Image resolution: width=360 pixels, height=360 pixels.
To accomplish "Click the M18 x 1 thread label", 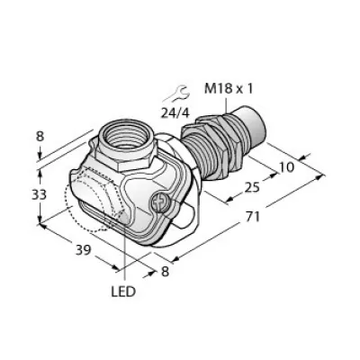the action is coord(229,89).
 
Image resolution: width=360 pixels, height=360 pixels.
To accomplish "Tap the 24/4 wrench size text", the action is coord(175,113).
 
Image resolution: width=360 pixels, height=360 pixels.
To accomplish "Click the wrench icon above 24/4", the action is coord(176,94).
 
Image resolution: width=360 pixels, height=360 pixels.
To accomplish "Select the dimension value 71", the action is coord(252,217).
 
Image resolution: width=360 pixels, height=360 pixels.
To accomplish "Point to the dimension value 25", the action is coord(251,187).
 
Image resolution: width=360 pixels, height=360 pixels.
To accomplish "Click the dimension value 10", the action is coord(286,166).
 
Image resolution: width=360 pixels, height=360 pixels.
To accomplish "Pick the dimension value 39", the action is coord(83,249).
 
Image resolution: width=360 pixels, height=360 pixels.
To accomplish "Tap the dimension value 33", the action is coord(40,194).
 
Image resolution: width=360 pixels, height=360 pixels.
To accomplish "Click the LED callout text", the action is coord(123,292).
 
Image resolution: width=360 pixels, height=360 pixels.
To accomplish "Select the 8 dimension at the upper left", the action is coord(40,137).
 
